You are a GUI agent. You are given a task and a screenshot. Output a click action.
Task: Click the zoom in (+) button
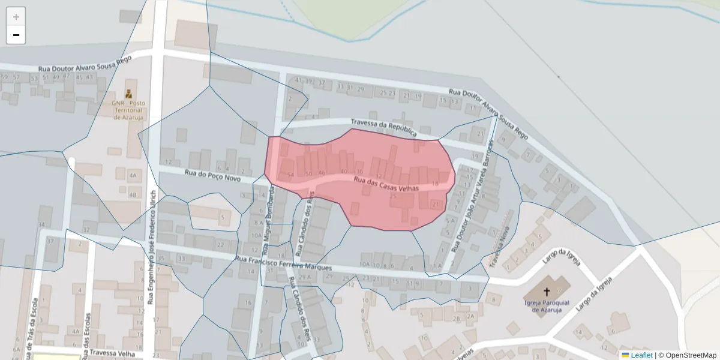(16, 17)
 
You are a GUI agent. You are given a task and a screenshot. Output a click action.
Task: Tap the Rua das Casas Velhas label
(386, 183)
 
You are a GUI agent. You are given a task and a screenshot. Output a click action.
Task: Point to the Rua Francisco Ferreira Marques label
(284, 263)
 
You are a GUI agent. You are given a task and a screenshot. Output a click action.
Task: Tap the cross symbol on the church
(547, 292)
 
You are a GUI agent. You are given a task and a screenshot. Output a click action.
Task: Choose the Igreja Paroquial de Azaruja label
(547, 306)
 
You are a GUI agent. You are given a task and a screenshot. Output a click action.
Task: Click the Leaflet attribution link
(641, 355)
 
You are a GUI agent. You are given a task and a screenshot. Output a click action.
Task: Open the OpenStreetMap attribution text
(689, 355)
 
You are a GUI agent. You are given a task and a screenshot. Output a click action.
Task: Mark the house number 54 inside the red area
(290, 175)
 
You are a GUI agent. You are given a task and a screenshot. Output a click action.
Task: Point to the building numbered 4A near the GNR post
(133, 176)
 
